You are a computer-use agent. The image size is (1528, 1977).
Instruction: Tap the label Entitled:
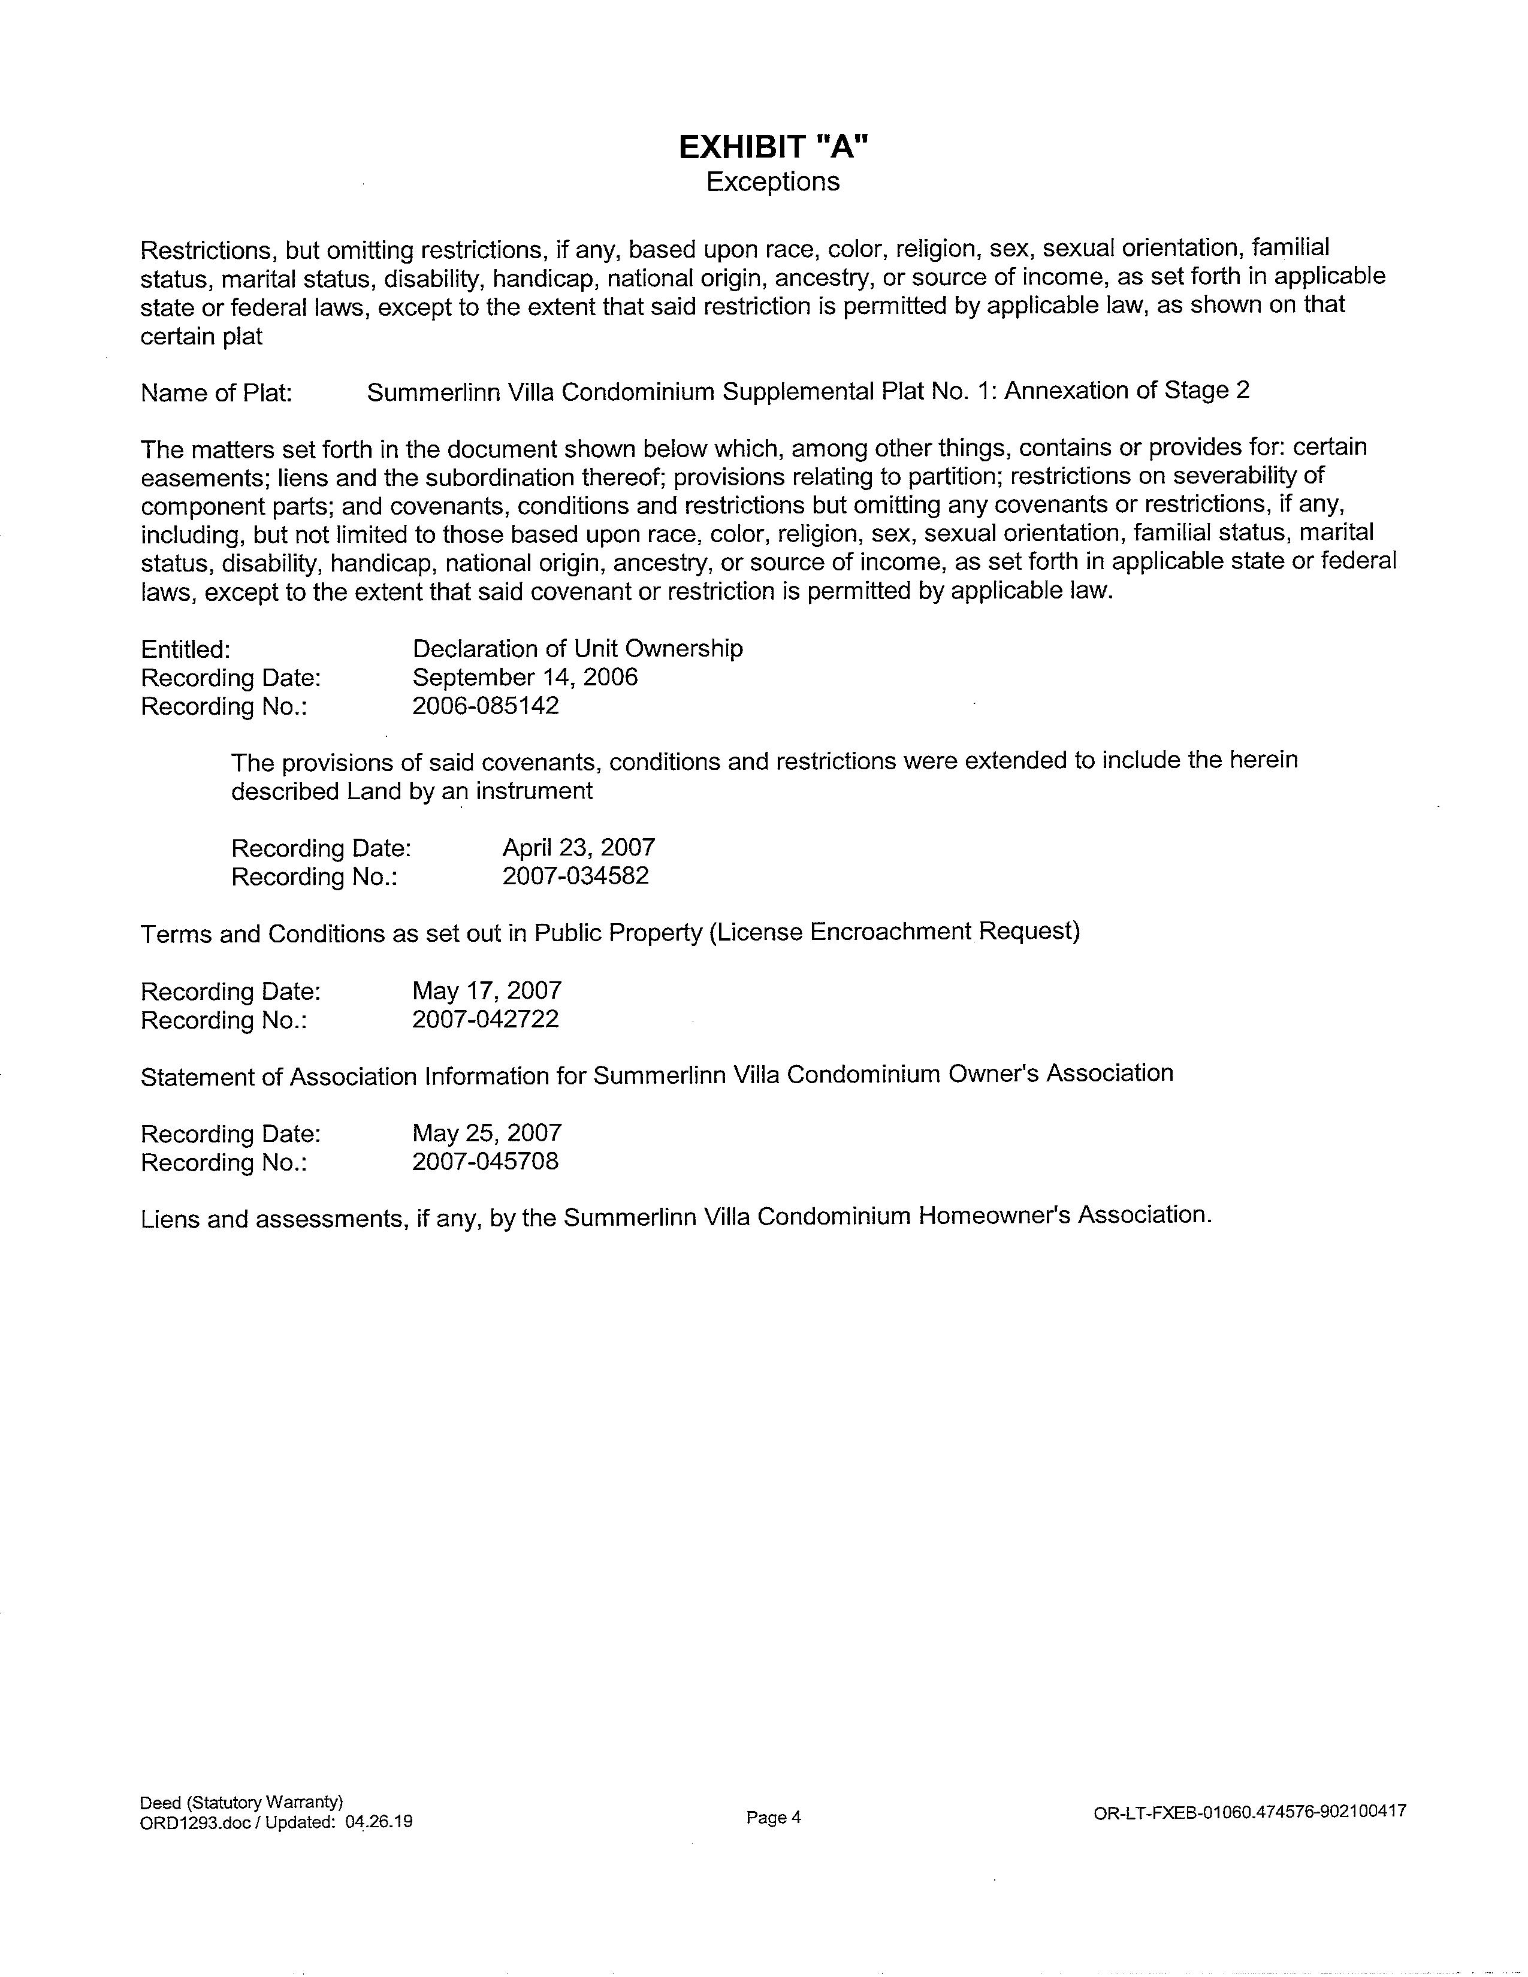186,649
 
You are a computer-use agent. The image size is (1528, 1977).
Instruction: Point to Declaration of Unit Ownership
578,648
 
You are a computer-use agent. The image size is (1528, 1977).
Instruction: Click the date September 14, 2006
525,677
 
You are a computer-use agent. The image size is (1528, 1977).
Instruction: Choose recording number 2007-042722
485,1019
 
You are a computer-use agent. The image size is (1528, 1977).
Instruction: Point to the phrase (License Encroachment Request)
895,932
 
